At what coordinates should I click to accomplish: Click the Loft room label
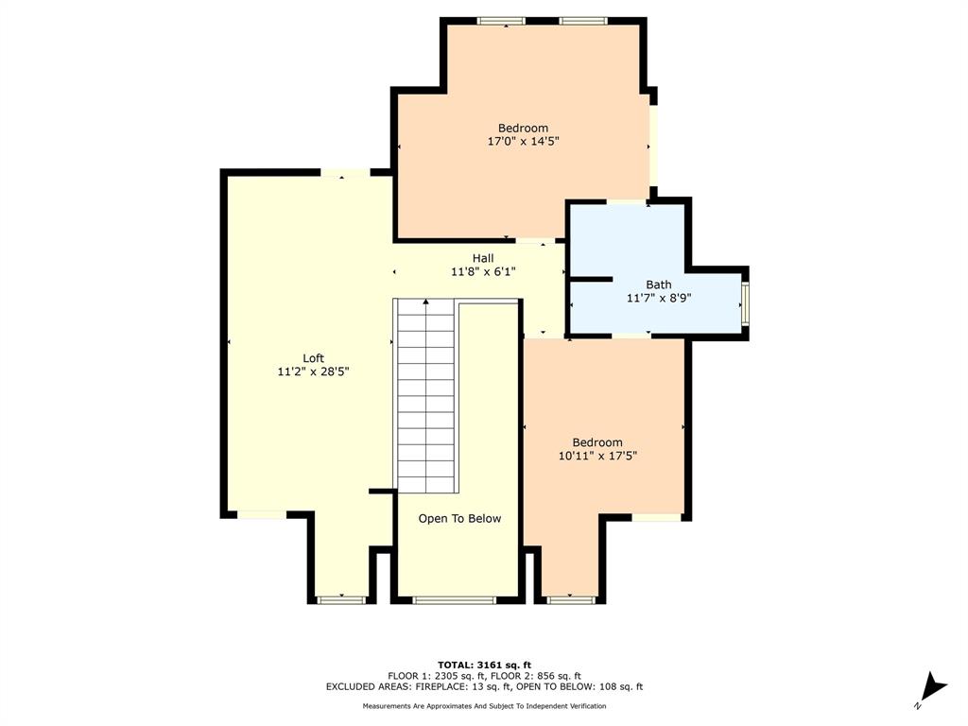pos(313,358)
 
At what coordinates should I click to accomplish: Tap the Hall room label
pos(483,258)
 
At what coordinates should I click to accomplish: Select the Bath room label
pos(659,284)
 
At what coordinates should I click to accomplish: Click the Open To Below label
pos(459,518)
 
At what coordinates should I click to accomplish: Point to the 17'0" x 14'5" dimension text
pos(523,142)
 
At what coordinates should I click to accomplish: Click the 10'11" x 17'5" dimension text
pos(597,456)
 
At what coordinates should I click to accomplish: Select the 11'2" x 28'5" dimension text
pos(313,372)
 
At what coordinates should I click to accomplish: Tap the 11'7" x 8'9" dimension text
pos(659,298)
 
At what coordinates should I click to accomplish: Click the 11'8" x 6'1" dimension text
pos(483,272)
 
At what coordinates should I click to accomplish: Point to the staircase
pos(426,397)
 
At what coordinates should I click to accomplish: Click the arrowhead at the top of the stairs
pos(426,302)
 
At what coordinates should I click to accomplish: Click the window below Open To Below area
pos(454,599)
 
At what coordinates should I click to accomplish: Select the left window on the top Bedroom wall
pos(501,20)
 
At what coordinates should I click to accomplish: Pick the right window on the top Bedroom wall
pos(583,20)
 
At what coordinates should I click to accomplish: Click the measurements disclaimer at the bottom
pos(484,706)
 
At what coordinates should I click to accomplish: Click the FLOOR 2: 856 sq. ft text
pos(533,676)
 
